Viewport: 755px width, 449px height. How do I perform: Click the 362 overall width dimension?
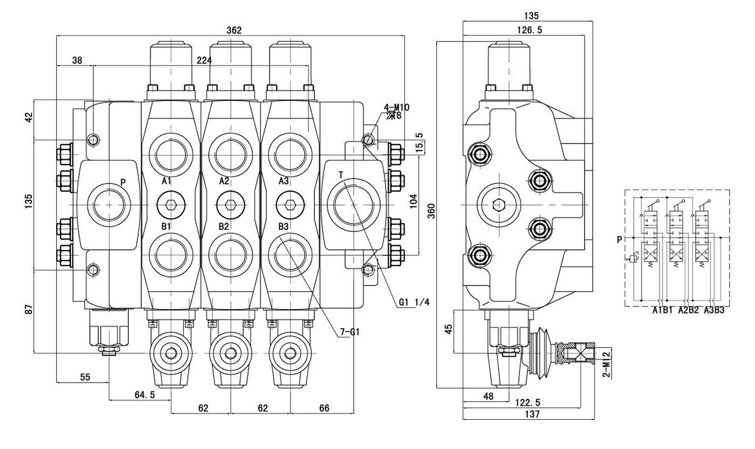click(234, 30)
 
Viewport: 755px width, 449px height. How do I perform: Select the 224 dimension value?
click(204, 60)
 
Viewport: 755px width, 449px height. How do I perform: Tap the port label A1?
click(166, 181)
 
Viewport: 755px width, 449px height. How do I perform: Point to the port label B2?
click(224, 226)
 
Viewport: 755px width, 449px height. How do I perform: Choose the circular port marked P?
click(110, 204)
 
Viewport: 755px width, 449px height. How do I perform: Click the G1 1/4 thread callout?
click(414, 302)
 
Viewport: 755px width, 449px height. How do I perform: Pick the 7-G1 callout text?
click(349, 332)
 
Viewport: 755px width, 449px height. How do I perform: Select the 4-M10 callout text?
click(396, 107)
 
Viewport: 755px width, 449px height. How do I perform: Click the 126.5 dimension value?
click(529, 30)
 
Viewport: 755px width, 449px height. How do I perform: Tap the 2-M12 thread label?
click(606, 365)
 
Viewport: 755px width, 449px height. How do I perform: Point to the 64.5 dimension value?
click(145, 394)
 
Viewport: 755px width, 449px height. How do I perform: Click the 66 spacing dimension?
click(324, 409)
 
